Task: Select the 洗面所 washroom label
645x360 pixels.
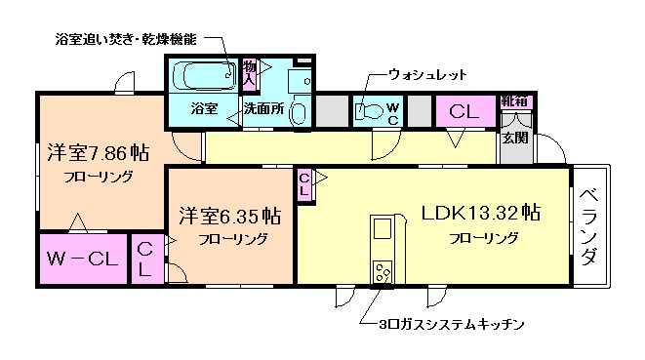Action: click(x=262, y=109)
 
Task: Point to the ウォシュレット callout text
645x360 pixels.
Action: click(x=427, y=74)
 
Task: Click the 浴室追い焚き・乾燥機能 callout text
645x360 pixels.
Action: click(x=124, y=40)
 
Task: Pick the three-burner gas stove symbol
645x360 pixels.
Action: click(x=381, y=271)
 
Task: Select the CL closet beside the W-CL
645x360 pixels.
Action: click(x=144, y=260)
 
